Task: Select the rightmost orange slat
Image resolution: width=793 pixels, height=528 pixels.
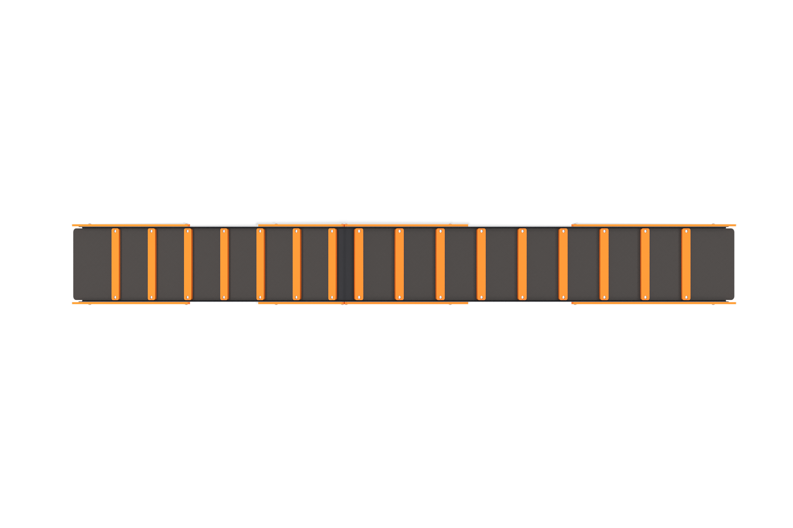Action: point(686,264)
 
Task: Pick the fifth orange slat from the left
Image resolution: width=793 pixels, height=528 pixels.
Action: point(260,264)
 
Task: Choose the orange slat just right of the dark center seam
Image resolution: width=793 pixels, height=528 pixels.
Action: point(359,264)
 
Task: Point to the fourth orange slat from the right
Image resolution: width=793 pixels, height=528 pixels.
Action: point(563,264)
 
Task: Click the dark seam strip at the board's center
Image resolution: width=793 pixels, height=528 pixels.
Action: point(345,264)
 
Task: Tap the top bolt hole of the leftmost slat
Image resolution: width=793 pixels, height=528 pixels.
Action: point(115,231)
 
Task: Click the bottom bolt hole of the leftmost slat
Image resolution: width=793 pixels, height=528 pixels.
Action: point(115,297)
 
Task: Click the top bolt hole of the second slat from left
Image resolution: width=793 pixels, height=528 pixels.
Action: point(151,231)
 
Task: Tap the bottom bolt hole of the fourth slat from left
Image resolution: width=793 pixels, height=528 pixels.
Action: point(224,297)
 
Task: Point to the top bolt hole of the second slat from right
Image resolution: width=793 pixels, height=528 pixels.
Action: point(645,231)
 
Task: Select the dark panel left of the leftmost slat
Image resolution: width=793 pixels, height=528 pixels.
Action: point(92,264)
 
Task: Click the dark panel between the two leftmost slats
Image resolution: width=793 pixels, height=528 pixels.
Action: point(133,264)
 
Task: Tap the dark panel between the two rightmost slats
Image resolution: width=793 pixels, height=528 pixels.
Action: point(666,264)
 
